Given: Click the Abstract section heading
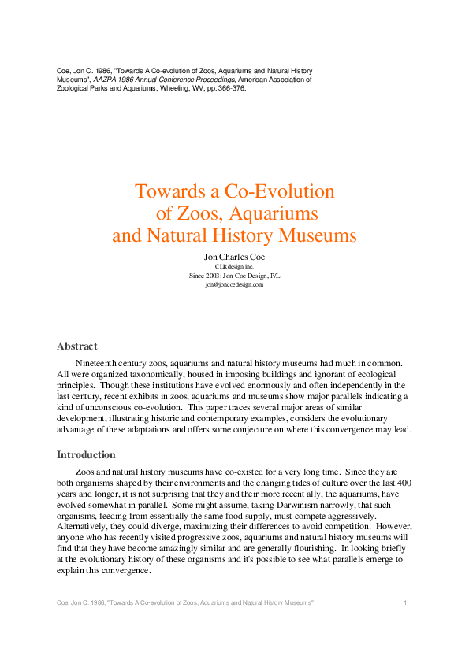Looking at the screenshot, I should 77,346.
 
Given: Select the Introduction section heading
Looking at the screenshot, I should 86,455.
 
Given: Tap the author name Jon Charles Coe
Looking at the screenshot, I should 234,257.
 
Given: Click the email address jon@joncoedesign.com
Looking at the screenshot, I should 234,284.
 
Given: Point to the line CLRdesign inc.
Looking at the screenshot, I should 234,267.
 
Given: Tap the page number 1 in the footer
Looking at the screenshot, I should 404,602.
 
